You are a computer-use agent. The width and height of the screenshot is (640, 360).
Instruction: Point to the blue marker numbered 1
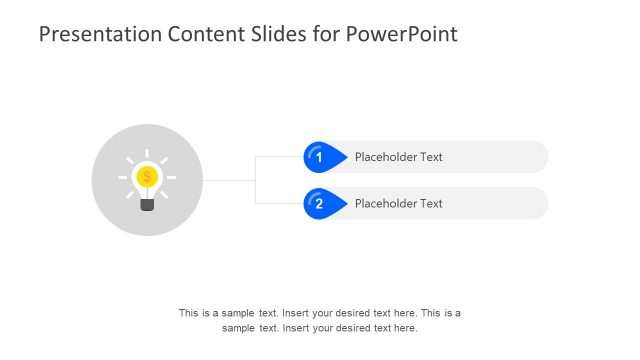319,157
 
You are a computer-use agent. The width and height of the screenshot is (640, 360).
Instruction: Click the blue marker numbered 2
319,204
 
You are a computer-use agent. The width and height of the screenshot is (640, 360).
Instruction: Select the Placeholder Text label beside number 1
398,157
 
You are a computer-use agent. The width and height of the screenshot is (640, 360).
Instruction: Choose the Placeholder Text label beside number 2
398,204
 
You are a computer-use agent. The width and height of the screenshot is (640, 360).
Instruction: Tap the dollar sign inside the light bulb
147,177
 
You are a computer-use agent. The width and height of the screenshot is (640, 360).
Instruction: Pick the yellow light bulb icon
147,180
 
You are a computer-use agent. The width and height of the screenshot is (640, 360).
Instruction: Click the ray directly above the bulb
147,154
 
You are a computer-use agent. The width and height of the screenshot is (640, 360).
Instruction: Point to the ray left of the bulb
123,177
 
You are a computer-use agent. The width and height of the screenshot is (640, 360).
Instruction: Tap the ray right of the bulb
171,177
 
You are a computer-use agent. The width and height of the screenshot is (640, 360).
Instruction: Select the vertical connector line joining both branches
256,180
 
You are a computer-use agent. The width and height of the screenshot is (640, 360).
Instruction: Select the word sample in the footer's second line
239,328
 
